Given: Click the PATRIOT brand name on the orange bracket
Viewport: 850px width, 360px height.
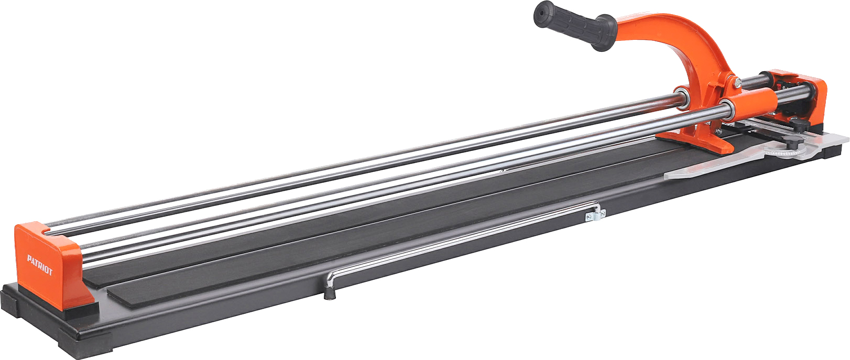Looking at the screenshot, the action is tap(39, 265).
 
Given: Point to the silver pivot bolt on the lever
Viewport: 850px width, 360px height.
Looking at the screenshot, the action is tap(737, 82).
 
